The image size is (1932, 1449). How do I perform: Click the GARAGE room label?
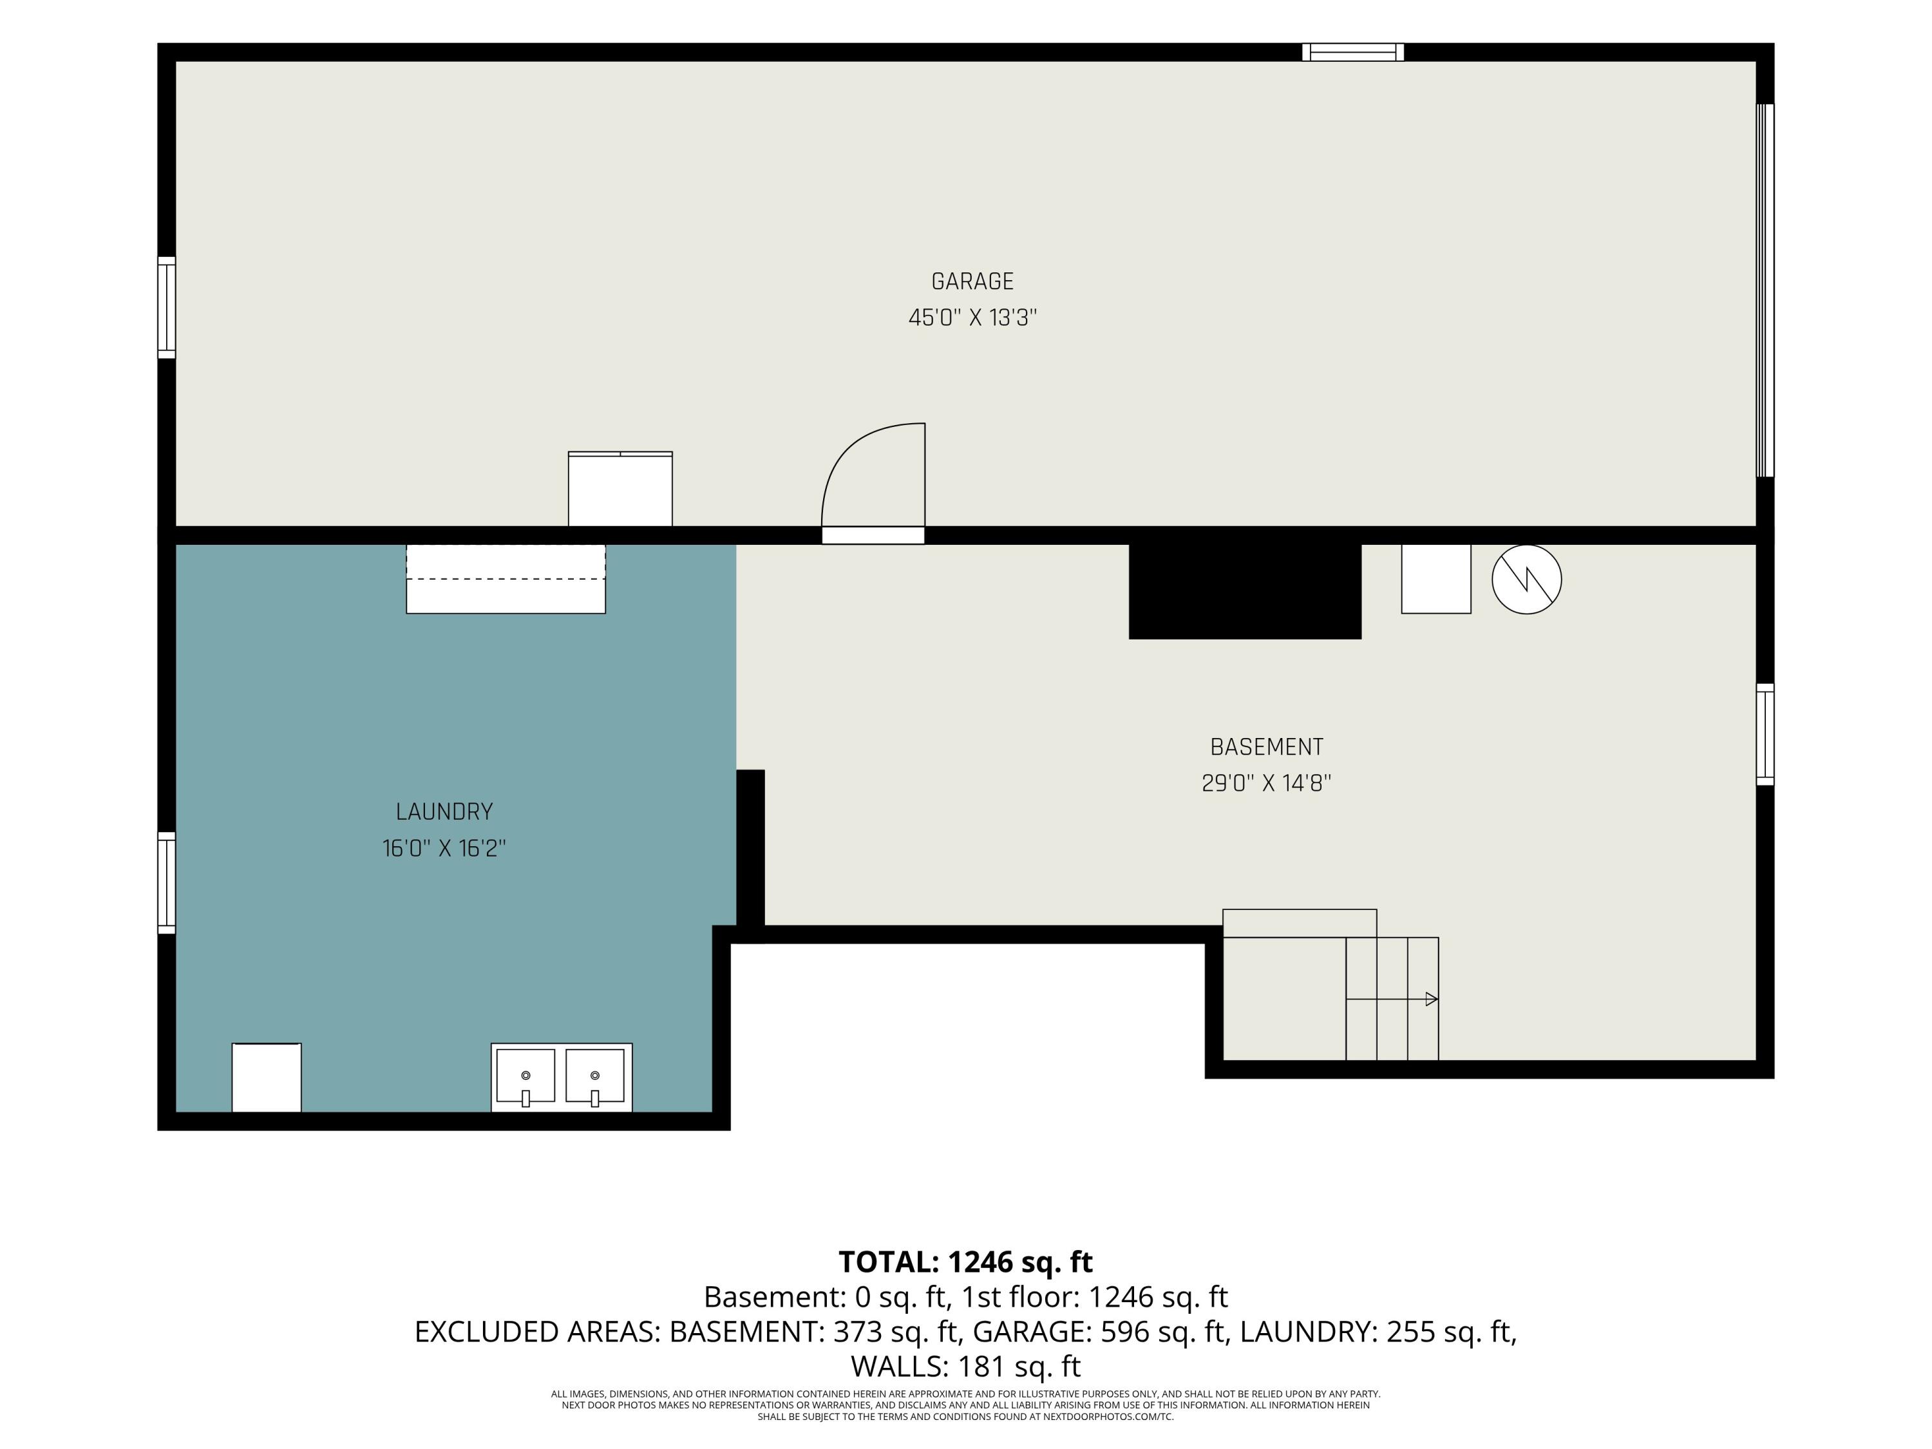(972, 281)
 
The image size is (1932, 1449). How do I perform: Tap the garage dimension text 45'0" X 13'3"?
(972, 317)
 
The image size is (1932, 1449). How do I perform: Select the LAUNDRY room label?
(444, 811)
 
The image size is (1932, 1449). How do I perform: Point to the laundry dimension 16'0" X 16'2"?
(444, 848)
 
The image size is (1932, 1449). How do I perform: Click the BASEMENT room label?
(1267, 747)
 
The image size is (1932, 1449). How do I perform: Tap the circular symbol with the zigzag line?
(1527, 579)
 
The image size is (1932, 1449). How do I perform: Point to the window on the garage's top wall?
(1353, 52)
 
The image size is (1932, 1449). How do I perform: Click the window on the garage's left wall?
(167, 307)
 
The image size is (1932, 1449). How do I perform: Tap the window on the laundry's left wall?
(167, 883)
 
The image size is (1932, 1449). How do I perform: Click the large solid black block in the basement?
(1245, 591)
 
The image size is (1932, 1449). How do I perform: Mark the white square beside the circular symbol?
(1436, 578)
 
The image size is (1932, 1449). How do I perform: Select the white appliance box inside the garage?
(620, 489)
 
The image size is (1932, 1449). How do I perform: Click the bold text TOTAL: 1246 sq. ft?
(966, 1262)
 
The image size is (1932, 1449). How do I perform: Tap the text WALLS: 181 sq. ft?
(966, 1366)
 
